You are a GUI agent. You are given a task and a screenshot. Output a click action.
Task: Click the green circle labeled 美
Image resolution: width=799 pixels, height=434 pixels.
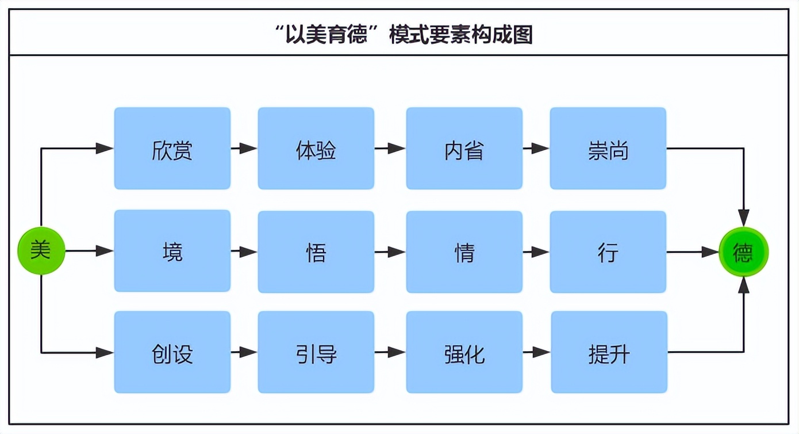pos(41,251)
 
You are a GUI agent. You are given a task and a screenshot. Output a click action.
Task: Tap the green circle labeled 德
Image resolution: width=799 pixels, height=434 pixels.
pos(743,252)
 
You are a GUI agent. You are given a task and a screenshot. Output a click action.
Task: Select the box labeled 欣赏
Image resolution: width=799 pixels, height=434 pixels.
pos(172,149)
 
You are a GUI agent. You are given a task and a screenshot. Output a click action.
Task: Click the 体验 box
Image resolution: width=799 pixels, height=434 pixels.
pos(316,149)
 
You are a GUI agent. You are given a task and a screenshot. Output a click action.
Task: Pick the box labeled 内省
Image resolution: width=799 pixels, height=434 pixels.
pos(464,149)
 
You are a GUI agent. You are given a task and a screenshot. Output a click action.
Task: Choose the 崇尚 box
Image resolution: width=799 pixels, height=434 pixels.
pos(608,149)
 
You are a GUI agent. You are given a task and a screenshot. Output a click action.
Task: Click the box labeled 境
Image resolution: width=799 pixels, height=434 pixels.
pos(172,252)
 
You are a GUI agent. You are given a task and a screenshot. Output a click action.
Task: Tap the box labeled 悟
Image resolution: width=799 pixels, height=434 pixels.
pos(316,252)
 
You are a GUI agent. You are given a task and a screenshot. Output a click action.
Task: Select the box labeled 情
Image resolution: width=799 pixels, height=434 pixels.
pos(464,252)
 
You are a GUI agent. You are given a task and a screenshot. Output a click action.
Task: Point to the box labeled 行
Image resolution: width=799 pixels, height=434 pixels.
pos(608,252)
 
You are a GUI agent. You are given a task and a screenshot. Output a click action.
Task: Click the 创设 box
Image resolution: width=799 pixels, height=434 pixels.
pos(172,352)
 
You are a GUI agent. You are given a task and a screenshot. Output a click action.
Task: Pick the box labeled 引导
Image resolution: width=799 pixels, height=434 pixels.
pos(316,352)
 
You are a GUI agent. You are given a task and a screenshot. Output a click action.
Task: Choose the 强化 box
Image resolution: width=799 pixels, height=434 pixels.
pos(464,352)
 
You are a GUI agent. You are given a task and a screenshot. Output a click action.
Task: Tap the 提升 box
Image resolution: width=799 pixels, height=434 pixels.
pos(609,352)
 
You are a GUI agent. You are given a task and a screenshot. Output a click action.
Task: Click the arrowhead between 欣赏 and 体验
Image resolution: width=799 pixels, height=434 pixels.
pos(248,149)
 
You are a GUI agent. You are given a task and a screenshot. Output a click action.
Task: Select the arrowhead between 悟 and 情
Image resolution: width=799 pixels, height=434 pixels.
pos(397,252)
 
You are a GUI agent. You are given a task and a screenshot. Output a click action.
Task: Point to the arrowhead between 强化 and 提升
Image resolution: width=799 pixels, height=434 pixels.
pos(541,352)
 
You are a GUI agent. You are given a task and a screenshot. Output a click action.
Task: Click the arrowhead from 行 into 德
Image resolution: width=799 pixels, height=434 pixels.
pos(710,252)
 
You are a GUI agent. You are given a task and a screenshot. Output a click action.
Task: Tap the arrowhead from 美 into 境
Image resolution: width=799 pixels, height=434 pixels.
pos(105,251)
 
